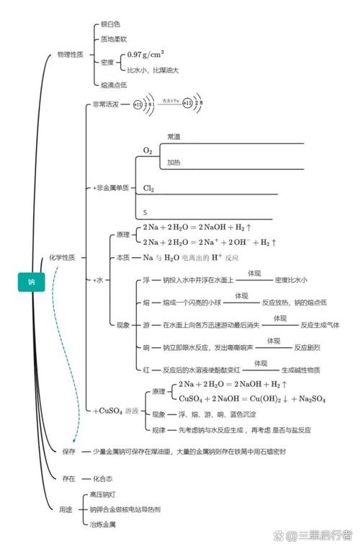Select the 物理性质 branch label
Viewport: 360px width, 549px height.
pos(71,54)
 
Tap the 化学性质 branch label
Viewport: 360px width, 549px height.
pos(67,257)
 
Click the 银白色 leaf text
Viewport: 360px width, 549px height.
pos(110,24)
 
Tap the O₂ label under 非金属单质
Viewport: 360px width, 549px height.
pos(148,151)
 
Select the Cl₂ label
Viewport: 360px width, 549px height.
pos(149,188)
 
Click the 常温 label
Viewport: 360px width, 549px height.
pos(174,135)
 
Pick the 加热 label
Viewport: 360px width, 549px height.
pos(174,163)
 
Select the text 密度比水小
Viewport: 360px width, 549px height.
pos(291,280)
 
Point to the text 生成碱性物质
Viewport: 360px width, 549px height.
pos(301,369)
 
